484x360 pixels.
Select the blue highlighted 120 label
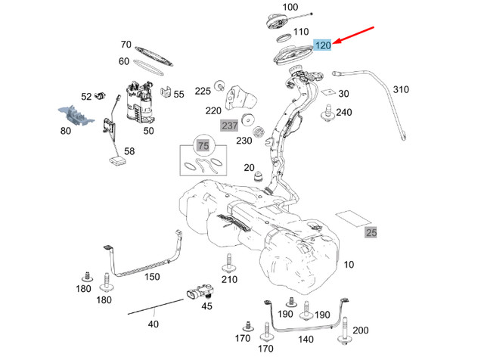coord(323,46)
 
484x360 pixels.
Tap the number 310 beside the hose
coord(400,89)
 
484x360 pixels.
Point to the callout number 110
coord(301,33)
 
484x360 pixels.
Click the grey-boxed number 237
coord(229,125)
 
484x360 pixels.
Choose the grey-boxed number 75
coord(202,146)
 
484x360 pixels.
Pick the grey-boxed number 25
coord(371,232)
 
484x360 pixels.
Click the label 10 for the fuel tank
coord(348,265)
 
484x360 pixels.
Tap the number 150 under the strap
coord(153,277)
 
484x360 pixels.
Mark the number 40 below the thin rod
coord(154,324)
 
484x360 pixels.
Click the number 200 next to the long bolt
coord(361,330)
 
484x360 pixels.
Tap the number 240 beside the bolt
coord(344,112)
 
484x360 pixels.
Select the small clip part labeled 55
coord(166,94)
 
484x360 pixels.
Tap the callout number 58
coord(129,151)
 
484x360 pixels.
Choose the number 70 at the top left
coord(126,45)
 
